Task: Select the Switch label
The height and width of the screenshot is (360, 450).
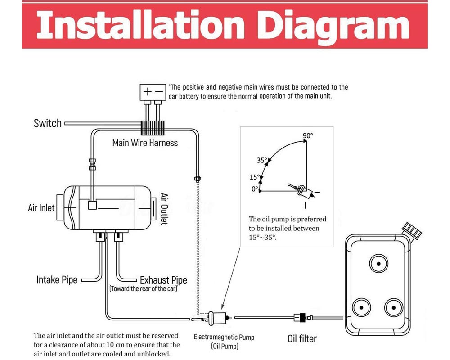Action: click(x=48, y=123)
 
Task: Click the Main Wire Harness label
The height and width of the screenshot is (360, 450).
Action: click(x=145, y=143)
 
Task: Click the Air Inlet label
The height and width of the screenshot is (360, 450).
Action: click(x=41, y=208)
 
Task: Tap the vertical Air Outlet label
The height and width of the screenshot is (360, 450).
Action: click(x=164, y=209)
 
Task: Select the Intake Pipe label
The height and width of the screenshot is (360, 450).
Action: click(x=57, y=280)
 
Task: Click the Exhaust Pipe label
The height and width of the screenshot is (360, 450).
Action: click(x=163, y=280)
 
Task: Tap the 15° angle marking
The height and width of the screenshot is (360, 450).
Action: click(x=255, y=177)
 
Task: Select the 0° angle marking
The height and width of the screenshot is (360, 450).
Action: click(x=255, y=189)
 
